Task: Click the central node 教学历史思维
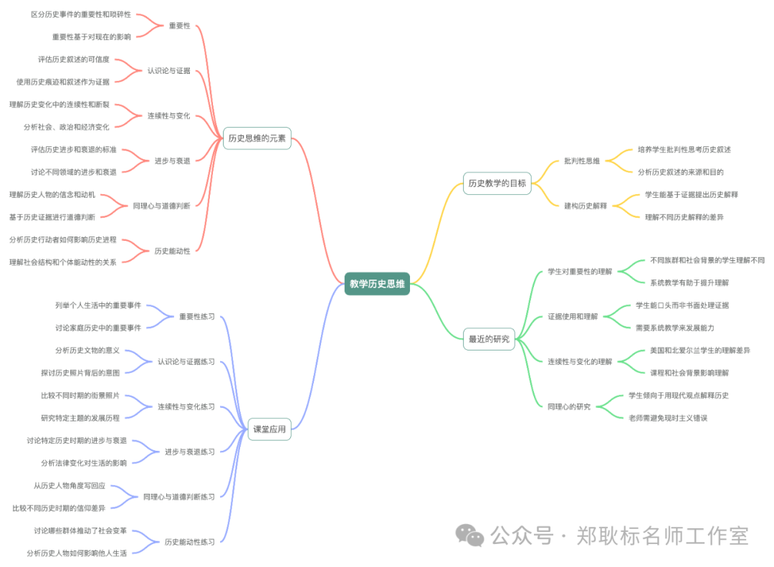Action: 377,284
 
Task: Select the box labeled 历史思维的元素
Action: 257,138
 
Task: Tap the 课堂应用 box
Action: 269,429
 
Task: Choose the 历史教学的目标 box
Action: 497,183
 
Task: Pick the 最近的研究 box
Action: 489,339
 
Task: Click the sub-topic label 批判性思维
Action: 581,161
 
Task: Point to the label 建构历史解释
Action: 585,206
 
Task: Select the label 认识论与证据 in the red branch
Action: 168,71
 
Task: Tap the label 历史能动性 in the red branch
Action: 172,251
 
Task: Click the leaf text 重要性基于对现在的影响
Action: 91,37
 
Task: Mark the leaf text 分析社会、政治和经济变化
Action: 66,127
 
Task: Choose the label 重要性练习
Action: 196,316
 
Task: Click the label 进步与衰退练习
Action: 189,452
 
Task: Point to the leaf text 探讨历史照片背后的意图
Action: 80,373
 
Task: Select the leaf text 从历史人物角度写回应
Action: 70,485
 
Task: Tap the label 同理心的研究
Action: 569,406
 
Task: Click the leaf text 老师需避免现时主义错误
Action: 667,418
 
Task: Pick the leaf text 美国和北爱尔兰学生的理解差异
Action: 699,351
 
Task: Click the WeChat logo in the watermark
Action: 471,534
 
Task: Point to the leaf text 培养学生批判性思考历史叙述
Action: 684,150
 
